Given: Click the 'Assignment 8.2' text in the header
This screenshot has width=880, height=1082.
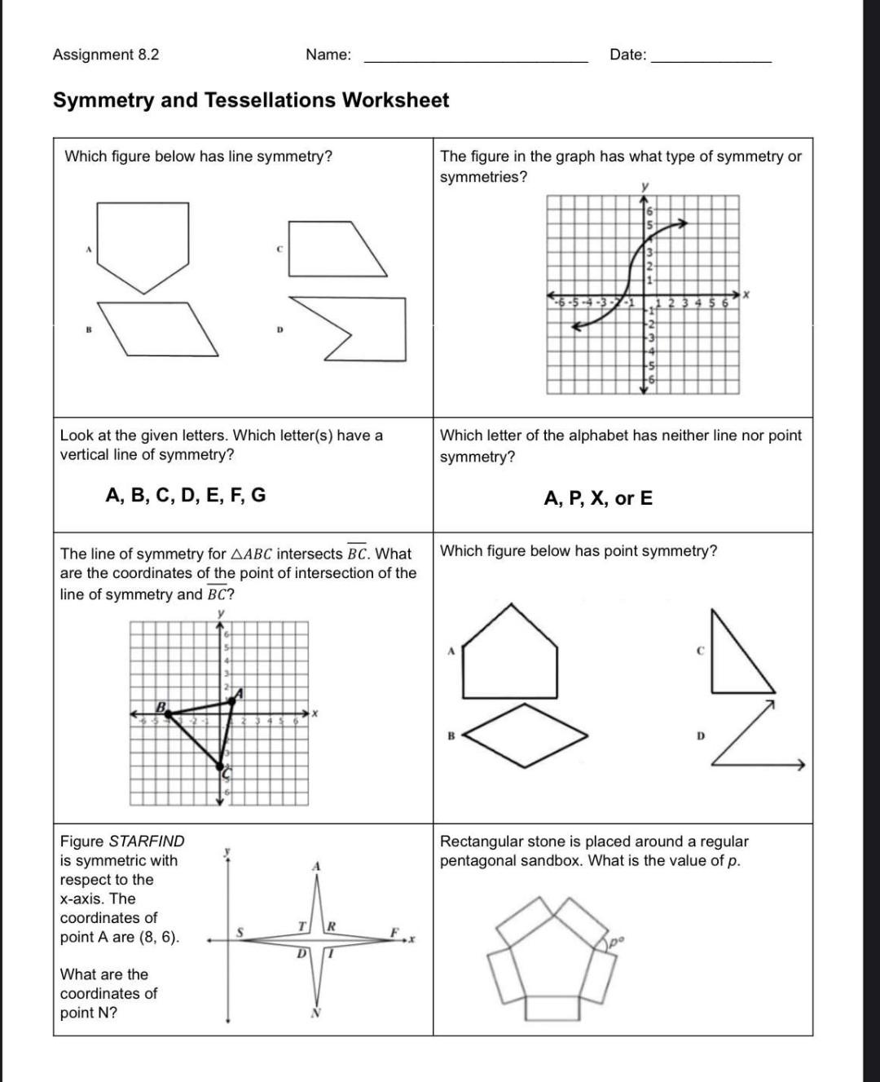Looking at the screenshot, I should coord(106,55).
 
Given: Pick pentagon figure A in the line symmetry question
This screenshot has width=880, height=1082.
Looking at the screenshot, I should coord(143,241).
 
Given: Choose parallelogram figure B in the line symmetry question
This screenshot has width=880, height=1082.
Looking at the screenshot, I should coord(159,329).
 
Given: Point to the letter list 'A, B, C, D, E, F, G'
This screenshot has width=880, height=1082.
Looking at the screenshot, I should coord(186,496).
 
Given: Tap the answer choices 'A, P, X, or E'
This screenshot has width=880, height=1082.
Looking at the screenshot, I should coord(598,498).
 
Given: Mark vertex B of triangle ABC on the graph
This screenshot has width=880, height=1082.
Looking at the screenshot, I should coord(168,713).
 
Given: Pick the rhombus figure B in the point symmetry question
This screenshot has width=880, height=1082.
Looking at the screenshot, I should coord(526,735).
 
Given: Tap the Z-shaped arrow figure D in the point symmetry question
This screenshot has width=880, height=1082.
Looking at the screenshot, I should coord(754,738).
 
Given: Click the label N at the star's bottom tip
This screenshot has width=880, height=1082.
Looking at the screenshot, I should coord(316,1014).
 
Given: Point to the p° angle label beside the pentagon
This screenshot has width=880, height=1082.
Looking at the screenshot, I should coord(617,943).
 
